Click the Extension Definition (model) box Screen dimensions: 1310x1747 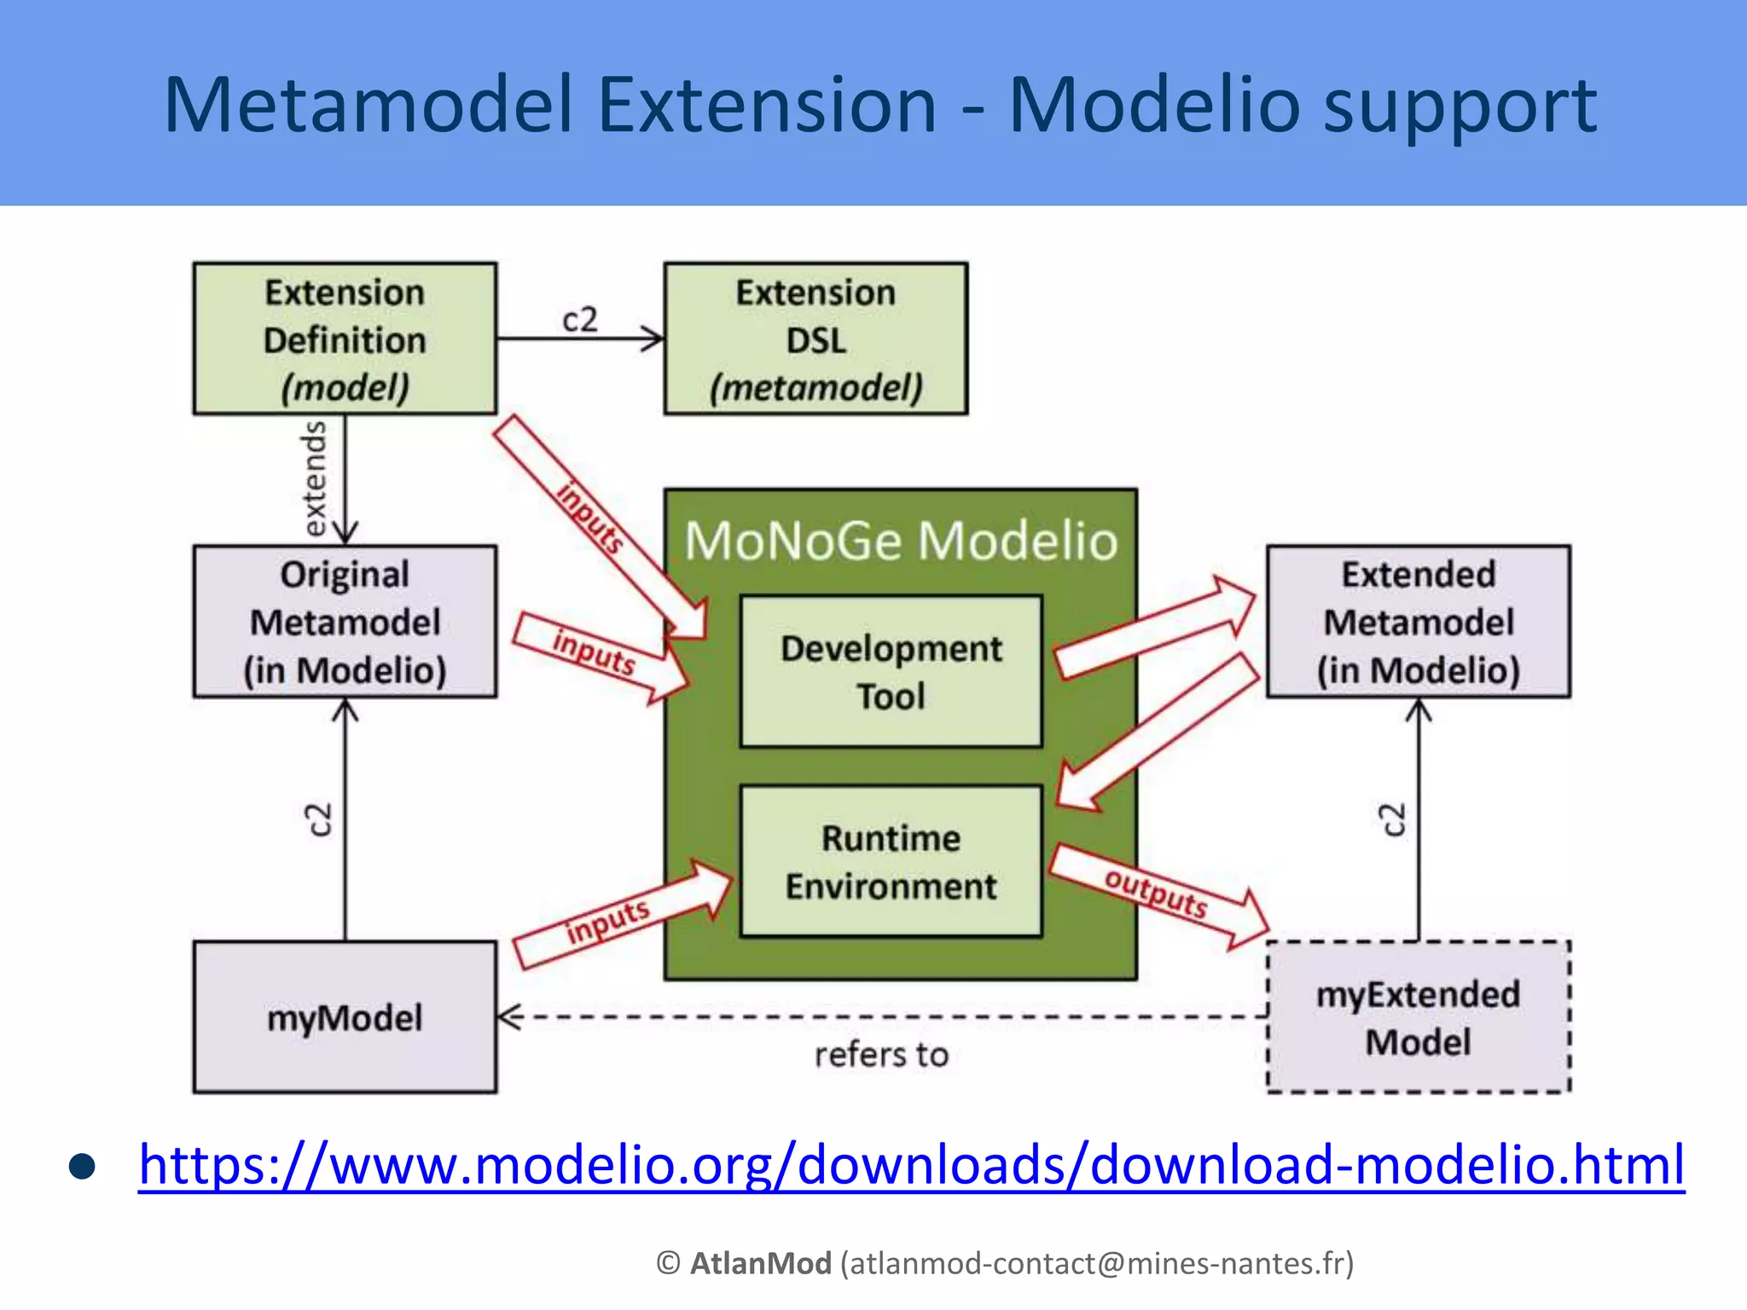tap(345, 339)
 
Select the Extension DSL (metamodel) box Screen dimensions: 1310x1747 tap(815, 339)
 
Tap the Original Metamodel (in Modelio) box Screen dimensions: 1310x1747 tap(345, 622)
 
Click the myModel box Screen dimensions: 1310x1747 tap(345, 1017)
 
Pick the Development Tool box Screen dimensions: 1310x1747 tap(891, 672)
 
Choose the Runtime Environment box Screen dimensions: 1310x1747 tap(891, 861)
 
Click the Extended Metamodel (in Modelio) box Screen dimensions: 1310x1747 tap(1418, 622)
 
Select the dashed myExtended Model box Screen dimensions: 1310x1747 tap(1418, 1017)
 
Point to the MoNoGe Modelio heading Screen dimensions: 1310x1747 tap(901, 541)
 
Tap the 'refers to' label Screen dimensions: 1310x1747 tap(881, 1055)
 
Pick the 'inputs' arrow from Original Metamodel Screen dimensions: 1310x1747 tap(594, 652)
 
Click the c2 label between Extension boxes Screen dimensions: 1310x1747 tap(580, 320)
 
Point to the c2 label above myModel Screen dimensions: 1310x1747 tap(319, 820)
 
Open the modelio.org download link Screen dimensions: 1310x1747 tap(911, 1165)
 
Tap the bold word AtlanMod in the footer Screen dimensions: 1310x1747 tap(760, 1263)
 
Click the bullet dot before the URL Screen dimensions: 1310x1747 tap(83, 1167)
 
